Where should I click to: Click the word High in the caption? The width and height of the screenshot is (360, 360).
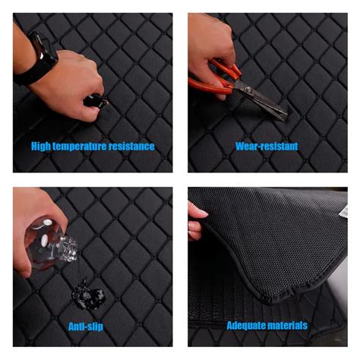pos(40,147)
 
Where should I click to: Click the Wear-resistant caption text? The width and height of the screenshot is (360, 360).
pos(267,147)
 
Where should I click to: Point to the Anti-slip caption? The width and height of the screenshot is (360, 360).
pos(86,327)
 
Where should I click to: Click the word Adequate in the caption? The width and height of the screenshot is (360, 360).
pos(246,325)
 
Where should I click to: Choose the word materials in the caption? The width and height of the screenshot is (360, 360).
pos(287,325)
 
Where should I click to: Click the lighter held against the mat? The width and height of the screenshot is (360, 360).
pos(96,100)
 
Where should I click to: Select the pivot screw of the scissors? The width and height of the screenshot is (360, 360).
pos(248,89)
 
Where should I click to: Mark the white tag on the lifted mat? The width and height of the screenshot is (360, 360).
pos(344,210)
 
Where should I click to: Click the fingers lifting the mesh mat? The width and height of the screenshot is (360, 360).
pos(196,223)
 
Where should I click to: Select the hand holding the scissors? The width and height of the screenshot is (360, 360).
pos(210,51)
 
